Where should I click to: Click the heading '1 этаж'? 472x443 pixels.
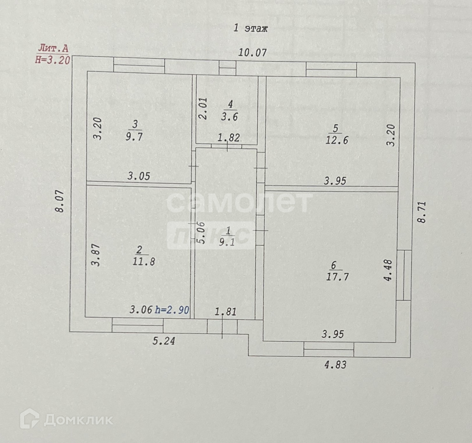click(x=250, y=28)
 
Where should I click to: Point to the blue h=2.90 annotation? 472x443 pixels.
click(x=172, y=310)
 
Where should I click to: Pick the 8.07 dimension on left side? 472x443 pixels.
click(x=60, y=201)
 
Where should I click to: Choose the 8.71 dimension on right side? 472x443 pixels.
click(x=422, y=212)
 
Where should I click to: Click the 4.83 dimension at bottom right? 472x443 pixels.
click(x=335, y=364)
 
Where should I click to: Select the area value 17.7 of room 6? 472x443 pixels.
click(x=337, y=277)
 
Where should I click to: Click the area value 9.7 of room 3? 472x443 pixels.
click(x=135, y=137)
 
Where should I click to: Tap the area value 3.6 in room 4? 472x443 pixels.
click(x=230, y=117)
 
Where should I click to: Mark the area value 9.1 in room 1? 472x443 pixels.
click(x=227, y=242)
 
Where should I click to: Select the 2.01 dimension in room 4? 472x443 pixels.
click(x=203, y=108)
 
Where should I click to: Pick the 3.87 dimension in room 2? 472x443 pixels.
click(x=96, y=255)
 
